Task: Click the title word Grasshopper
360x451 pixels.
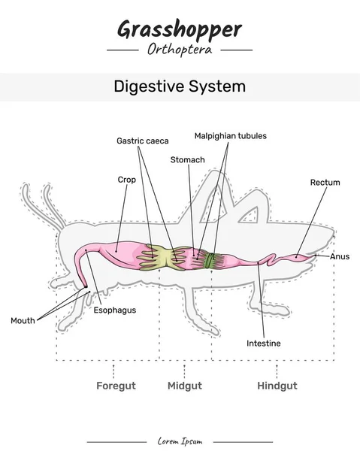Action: [179, 29]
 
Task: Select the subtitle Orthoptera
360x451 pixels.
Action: [180, 50]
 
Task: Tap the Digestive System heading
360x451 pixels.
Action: [180, 86]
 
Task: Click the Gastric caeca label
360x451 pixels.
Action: [142, 141]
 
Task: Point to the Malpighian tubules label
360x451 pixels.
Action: [230, 136]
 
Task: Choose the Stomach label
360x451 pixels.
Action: [187, 159]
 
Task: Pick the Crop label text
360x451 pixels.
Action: [126, 180]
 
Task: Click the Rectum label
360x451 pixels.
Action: [325, 183]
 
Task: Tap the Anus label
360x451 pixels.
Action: [340, 256]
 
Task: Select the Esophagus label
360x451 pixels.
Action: [115, 310]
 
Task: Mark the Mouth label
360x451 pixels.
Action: [23, 321]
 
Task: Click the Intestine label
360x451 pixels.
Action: [263, 344]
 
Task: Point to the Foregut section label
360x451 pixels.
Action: [116, 386]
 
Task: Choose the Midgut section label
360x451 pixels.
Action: [184, 386]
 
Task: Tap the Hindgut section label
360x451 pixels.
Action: [277, 386]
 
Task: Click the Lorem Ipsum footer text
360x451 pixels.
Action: [180, 441]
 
